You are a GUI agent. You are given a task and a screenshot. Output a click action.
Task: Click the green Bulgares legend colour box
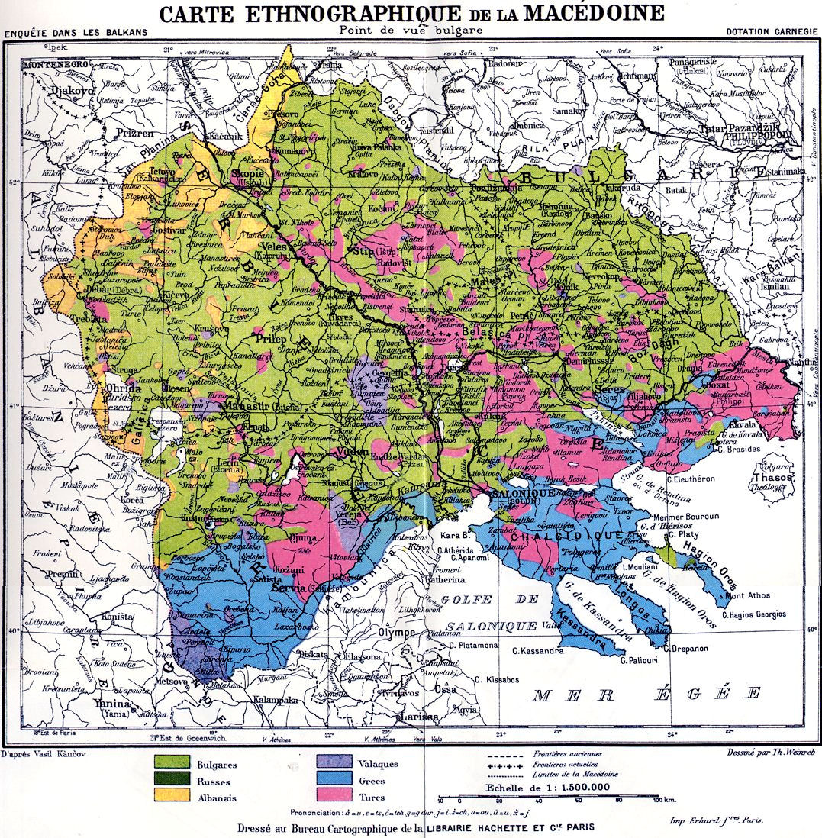[172, 762]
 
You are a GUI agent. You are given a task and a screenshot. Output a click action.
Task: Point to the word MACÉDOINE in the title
[582, 13]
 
